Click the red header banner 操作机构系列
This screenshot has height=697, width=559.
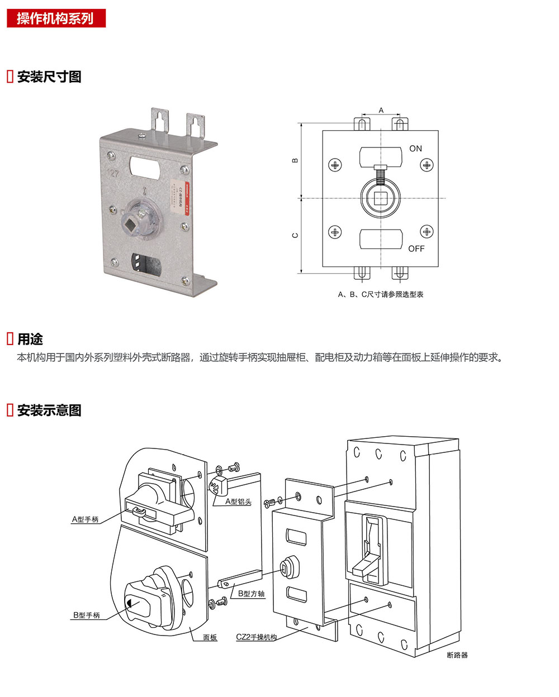[55, 18]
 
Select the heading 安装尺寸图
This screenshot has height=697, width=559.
[49, 77]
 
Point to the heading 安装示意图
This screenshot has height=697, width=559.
[49, 410]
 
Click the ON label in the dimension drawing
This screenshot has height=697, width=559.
[415, 149]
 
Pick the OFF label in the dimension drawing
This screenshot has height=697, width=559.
[416, 249]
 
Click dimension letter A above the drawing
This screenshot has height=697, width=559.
[381, 110]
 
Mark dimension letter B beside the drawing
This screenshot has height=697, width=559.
[295, 160]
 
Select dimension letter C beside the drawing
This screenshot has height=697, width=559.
[295, 235]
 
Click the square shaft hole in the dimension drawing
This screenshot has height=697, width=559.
[381, 198]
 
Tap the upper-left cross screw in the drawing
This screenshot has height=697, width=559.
[335, 165]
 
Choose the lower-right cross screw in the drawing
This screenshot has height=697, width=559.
[427, 231]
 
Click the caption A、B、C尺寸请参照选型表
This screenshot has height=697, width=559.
[380, 294]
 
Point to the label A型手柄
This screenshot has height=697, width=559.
[85, 519]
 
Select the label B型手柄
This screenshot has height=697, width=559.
[86, 615]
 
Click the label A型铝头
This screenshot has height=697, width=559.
[238, 502]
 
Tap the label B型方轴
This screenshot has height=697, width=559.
[251, 594]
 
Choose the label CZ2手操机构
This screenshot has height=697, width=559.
[256, 637]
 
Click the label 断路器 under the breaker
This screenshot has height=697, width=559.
[457, 655]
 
